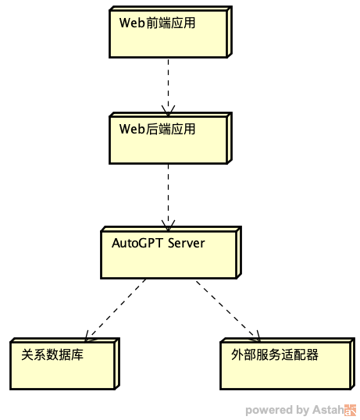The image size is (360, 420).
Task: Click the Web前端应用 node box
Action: click(x=170, y=32)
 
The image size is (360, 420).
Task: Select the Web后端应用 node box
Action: click(x=170, y=138)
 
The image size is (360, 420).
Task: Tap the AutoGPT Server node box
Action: click(x=171, y=253)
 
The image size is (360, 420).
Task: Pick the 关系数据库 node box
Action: click(x=65, y=364)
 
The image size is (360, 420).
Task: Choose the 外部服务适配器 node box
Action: click(x=287, y=364)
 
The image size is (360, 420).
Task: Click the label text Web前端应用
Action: click(x=157, y=23)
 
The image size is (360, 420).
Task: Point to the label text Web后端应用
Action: click(x=157, y=129)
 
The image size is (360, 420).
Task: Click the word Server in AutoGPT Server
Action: click(x=186, y=244)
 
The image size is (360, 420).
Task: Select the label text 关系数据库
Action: click(x=52, y=354)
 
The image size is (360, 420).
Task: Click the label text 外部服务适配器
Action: click(x=275, y=354)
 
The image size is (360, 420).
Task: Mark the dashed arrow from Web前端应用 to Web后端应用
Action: click(x=168, y=87)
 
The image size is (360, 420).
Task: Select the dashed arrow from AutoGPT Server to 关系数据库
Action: click(x=115, y=311)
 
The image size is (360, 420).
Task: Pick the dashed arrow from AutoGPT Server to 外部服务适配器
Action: click(x=229, y=311)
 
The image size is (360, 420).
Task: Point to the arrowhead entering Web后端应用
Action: click(x=168, y=112)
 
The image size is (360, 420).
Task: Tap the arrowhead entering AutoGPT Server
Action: click(x=168, y=226)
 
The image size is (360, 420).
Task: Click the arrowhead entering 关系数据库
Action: click(x=88, y=337)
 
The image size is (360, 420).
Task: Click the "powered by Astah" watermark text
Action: click(x=294, y=411)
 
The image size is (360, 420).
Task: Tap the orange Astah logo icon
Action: click(x=350, y=411)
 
